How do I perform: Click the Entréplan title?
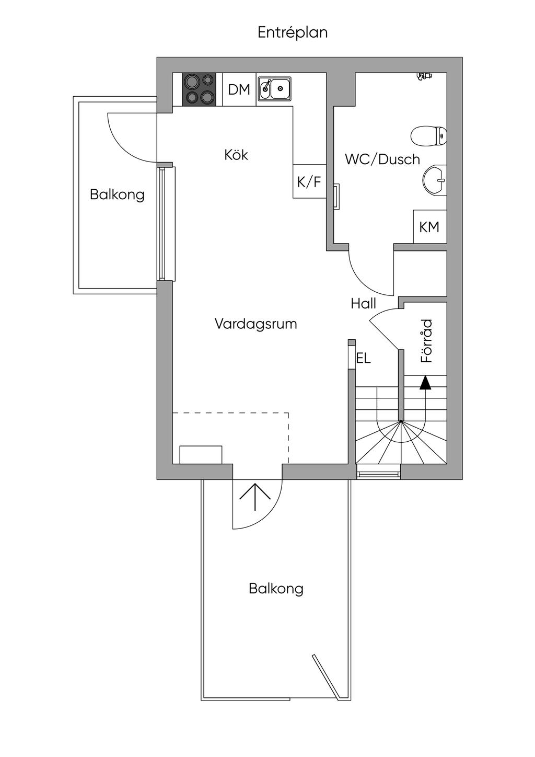click(x=293, y=32)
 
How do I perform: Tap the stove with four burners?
click(x=199, y=89)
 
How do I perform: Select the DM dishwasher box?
click(x=239, y=90)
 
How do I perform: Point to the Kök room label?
click(x=236, y=155)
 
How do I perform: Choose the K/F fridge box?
click(x=309, y=182)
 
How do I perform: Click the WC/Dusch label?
click(x=382, y=159)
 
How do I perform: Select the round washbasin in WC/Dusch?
click(x=435, y=180)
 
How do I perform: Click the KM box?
click(x=429, y=227)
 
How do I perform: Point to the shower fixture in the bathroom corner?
click(x=424, y=76)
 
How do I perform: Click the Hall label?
click(x=363, y=304)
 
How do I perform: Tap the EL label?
click(x=363, y=359)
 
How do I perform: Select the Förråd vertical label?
click(x=427, y=341)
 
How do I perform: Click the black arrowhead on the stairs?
click(x=425, y=383)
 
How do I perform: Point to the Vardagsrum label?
click(x=255, y=324)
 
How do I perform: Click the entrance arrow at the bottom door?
click(x=255, y=496)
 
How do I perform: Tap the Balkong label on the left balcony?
click(x=117, y=195)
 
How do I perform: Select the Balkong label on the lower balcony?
click(x=276, y=589)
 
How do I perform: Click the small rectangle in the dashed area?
click(x=201, y=454)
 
